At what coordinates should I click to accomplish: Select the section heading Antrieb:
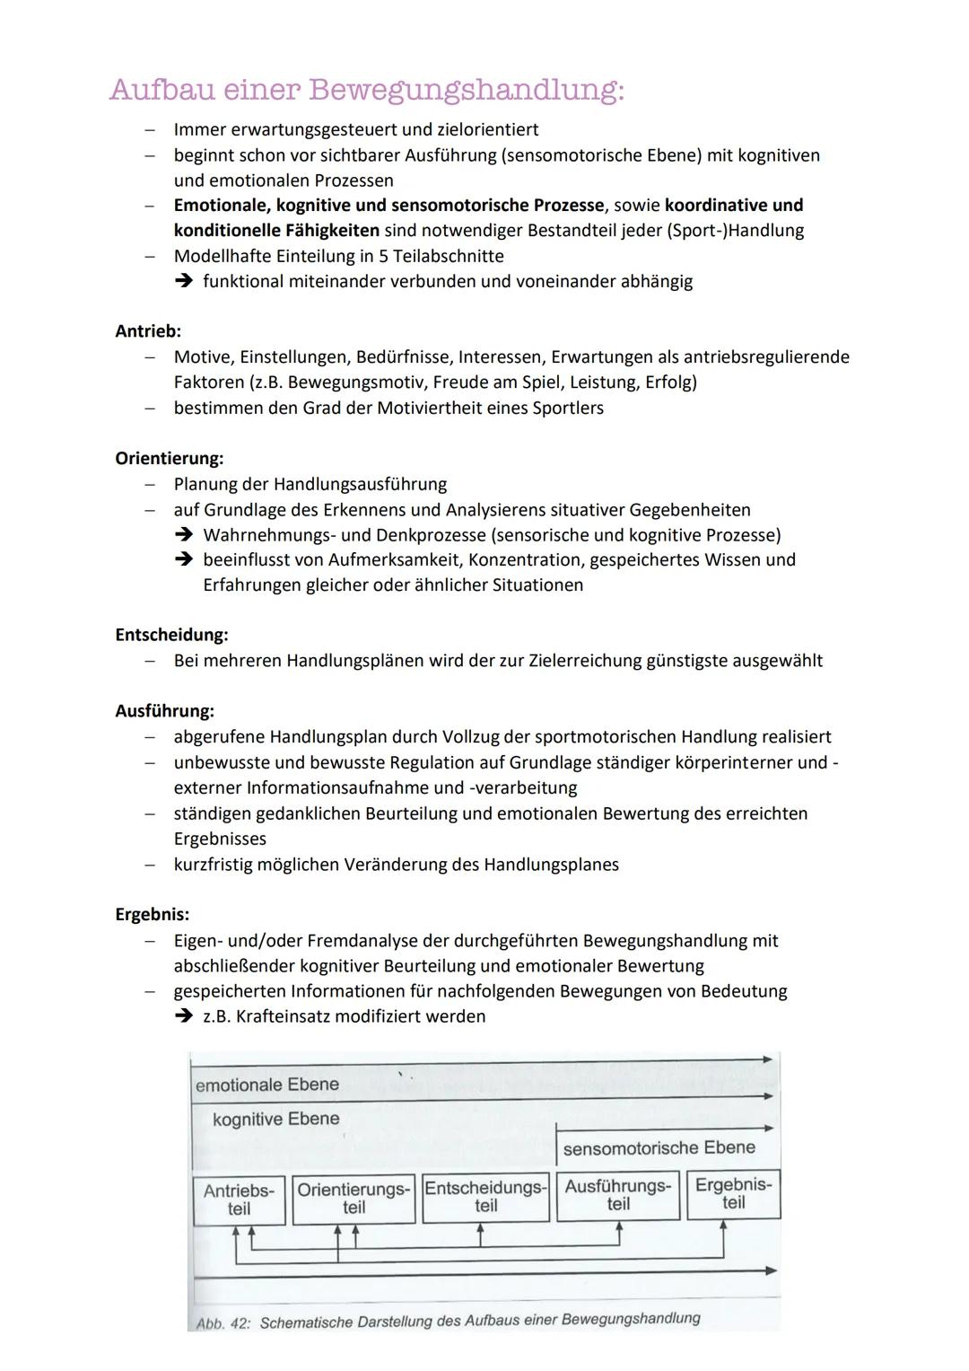pos(148,331)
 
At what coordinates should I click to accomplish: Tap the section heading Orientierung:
pos(170,459)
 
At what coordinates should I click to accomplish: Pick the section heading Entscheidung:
pos(171,635)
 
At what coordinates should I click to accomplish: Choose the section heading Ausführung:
pos(164,711)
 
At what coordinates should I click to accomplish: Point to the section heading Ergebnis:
pos(152,915)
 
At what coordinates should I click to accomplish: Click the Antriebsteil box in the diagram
pos(239,1200)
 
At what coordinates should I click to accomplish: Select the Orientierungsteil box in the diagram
pos(354,1199)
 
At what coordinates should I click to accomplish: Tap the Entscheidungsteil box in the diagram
pos(485,1197)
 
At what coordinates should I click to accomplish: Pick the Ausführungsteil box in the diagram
pos(617,1195)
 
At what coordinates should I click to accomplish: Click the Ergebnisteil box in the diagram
pos(733,1193)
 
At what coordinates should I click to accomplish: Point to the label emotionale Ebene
pos(267,1085)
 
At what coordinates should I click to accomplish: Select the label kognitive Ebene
pos(276,1119)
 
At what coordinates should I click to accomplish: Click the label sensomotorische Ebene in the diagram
pos(659,1147)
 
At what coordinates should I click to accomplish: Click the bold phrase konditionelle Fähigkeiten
pos(276,231)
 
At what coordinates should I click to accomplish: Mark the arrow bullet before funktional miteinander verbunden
pos(184,281)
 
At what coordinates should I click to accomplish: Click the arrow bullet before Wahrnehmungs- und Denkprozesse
pos(184,535)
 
